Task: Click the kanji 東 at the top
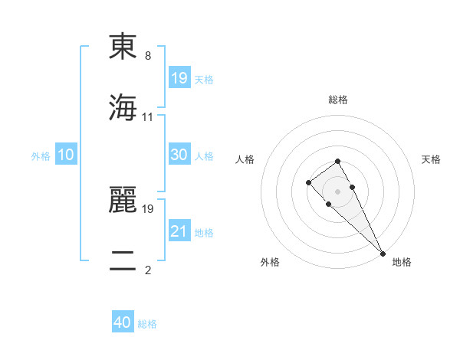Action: [x=123, y=47]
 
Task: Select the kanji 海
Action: [x=123, y=108]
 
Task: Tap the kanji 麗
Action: [x=123, y=198]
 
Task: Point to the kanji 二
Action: [x=123, y=261]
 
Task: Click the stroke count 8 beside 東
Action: [x=148, y=56]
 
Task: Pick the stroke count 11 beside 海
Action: [x=148, y=117]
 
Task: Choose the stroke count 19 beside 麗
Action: [x=148, y=208]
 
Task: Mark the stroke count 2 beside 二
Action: [x=148, y=270]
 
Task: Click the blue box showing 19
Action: [x=179, y=77]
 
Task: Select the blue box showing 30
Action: [x=179, y=155]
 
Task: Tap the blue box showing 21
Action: [x=179, y=231]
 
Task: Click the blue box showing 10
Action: [x=65, y=155]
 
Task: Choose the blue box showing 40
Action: [x=123, y=322]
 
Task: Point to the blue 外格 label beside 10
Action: [x=41, y=156]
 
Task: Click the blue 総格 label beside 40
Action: [x=147, y=324]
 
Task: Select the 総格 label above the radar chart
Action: [x=338, y=100]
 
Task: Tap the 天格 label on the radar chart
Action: [x=431, y=159]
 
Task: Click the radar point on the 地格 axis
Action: [x=383, y=253]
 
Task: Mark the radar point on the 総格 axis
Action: [x=337, y=161]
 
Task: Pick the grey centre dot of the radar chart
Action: [x=337, y=191]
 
